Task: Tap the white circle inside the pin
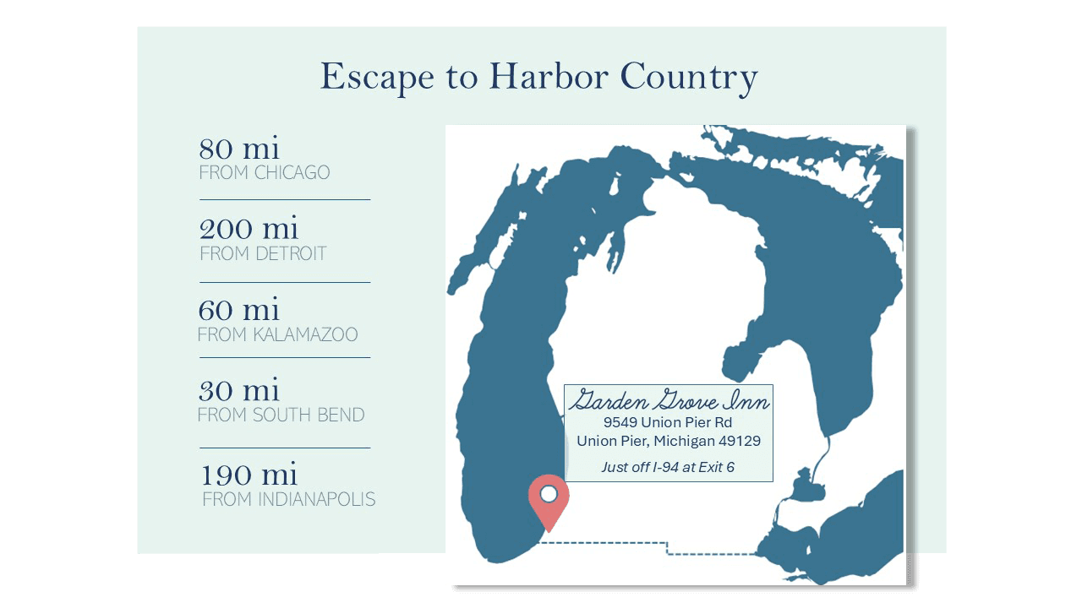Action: (x=549, y=493)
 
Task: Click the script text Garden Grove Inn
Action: (x=669, y=400)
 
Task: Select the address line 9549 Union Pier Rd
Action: (x=668, y=422)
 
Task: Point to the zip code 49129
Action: (x=738, y=441)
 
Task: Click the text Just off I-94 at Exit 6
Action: (x=668, y=466)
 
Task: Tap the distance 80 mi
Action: (x=238, y=149)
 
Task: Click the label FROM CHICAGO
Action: (x=265, y=173)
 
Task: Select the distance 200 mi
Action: (x=249, y=229)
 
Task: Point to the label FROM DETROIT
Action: (x=263, y=253)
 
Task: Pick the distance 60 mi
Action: (x=238, y=310)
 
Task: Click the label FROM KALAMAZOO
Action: (x=277, y=334)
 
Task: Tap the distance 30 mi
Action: (x=238, y=390)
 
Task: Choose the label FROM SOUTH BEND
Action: (x=281, y=415)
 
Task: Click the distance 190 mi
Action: (x=249, y=475)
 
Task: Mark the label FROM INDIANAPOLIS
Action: (x=288, y=499)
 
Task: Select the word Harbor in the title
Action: (x=548, y=77)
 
